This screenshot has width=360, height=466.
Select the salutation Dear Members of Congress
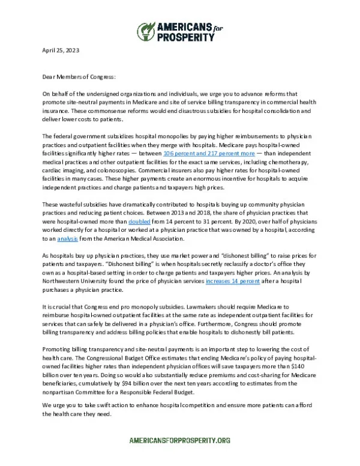(78, 77)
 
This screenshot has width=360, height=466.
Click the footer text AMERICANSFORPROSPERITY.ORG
(180, 441)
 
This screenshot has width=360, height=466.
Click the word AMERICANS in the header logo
(182, 26)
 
